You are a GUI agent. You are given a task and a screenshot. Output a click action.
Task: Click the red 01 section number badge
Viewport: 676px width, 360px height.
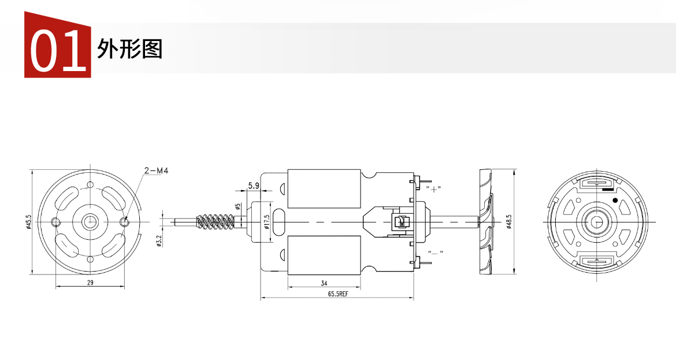[x=57, y=45]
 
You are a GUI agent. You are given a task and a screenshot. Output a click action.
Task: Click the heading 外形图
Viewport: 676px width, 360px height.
[x=129, y=49]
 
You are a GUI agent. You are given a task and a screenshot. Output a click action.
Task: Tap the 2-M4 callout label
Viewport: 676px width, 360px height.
[x=156, y=170]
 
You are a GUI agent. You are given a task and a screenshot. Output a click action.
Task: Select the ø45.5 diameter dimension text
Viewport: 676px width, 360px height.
[x=29, y=221]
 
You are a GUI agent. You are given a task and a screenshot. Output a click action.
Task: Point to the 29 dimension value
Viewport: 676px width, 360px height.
[x=90, y=283]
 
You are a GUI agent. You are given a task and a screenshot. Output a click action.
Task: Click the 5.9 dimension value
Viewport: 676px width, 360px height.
[x=254, y=186]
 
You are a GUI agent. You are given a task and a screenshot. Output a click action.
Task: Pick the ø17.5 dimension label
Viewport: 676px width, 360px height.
[x=266, y=221]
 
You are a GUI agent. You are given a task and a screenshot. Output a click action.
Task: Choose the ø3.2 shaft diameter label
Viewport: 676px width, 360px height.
[x=159, y=240]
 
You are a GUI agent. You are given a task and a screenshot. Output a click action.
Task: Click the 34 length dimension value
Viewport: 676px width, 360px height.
[x=324, y=283]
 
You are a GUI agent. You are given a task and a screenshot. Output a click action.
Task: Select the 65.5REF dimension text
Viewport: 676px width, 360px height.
[x=338, y=294]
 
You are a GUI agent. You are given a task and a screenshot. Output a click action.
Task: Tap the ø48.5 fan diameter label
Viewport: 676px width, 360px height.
[x=508, y=221]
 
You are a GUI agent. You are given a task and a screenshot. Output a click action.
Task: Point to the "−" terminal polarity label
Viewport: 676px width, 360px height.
[x=435, y=253]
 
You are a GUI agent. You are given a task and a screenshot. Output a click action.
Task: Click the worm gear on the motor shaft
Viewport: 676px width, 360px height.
[x=215, y=221]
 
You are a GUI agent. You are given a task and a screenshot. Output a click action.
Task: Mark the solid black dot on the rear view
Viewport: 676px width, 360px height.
[x=615, y=200]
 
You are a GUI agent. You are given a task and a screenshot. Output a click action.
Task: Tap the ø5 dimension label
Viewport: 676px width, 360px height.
[x=237, y=207]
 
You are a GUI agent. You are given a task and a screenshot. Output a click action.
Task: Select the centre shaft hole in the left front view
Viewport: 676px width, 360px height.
[x=91, y=221]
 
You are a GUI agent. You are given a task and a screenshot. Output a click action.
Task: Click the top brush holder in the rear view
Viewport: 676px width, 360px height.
[x=597, y=184]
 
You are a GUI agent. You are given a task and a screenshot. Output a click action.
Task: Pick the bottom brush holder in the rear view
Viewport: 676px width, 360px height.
[x=597, y=260]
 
